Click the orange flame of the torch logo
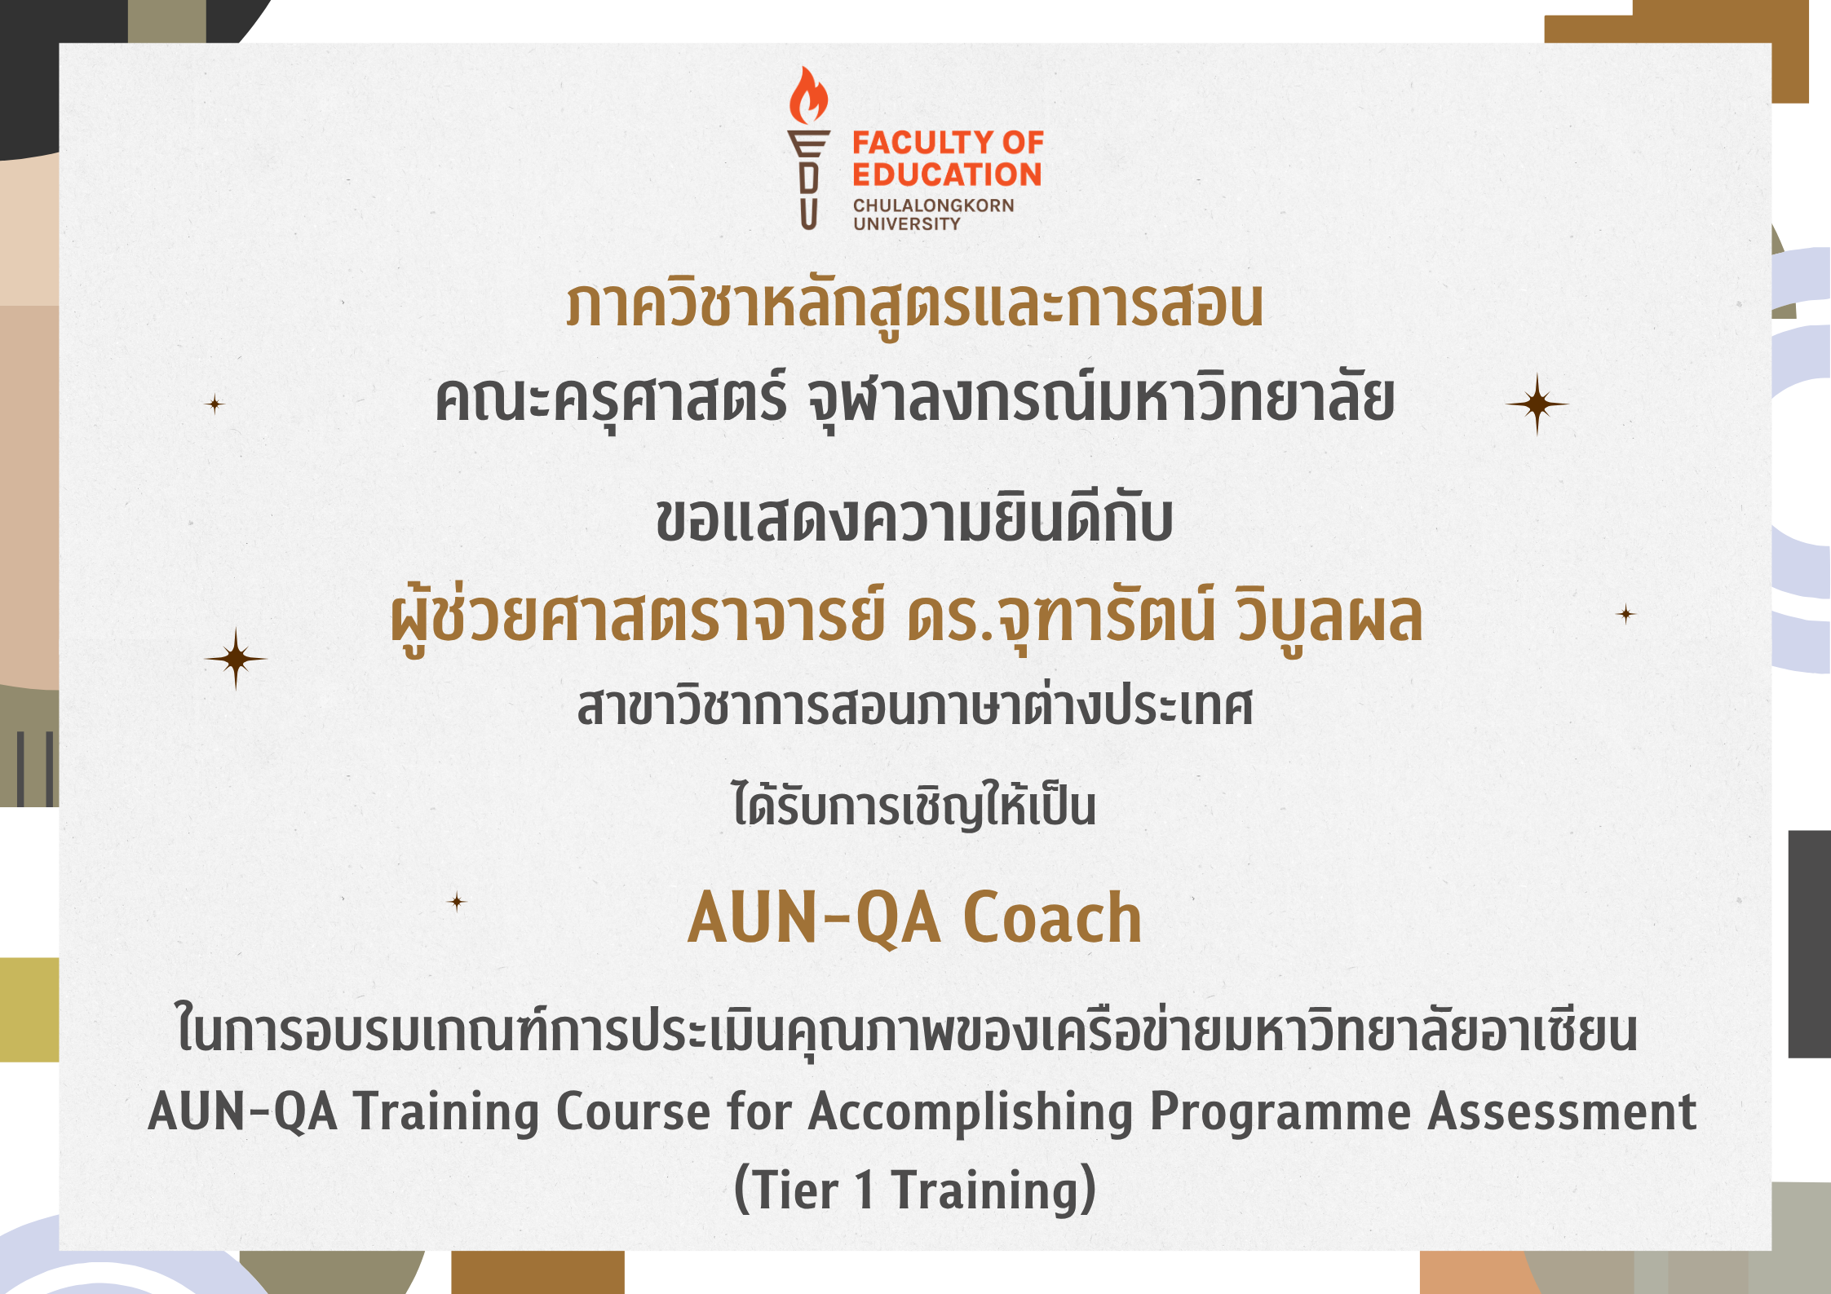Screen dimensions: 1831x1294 tap(808, 96)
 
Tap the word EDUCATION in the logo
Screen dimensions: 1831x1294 tap(947, 174)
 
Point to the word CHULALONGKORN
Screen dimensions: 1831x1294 tap(934, 205)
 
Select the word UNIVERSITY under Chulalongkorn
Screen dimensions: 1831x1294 tap(907, 223)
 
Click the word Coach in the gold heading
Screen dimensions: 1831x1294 tap(1052, 918)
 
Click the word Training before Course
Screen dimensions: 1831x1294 tap(446, 1113)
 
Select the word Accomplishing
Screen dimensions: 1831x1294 tap(971, 1113)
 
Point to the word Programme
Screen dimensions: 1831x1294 tap(1280, 1113)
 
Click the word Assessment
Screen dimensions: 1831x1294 tap(1562, 1112)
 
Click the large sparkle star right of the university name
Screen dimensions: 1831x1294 tap(1537, 404)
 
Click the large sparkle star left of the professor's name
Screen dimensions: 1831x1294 tap(236, 659)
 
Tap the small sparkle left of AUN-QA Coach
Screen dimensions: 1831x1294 tap(457, 901)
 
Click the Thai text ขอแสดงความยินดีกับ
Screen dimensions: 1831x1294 tap(915, 519)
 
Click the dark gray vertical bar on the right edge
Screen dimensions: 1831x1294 tap(1810, 944)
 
